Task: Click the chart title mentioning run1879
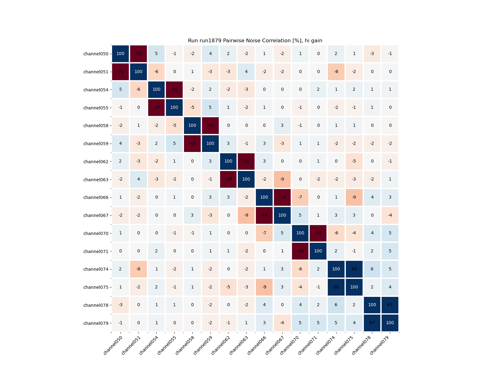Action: [x=255, y=41]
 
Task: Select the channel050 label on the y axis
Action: [x=96, y=54]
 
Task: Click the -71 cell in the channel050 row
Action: [x=139, y=54]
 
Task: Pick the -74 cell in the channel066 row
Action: [x=282, y=197]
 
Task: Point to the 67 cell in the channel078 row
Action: [x=390, y=305]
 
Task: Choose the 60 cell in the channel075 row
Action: [x=336, y=287]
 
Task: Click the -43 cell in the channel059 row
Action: [x=192, y=144]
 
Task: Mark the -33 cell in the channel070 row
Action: [x=318, y=233]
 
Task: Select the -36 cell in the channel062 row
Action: [x=246, y=161]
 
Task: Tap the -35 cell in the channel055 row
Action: [x=156, y=108]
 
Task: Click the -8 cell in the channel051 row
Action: [x=336, y=72]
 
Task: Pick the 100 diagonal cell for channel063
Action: [x=246, y=179]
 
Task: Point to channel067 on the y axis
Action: [x=96, y=215]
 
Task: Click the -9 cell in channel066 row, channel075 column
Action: [x=354, y=197]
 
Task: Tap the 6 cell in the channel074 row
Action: [x=372, y=269]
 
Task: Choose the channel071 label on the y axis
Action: [x=96, y=251]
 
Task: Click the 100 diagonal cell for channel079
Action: [x=390, y=323]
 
